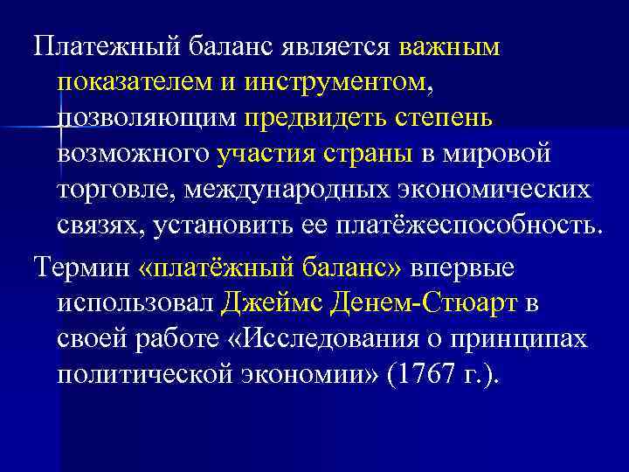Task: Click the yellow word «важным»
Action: (450, 49)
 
